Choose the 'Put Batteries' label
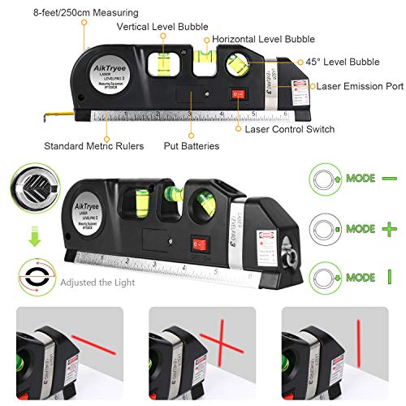(x=191, y=147)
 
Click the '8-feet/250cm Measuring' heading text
(x=75, y=13)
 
